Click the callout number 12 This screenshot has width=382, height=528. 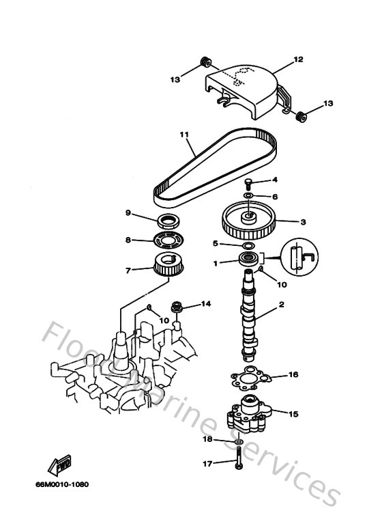coord(297,60)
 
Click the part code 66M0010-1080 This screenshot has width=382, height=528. coord(63,485)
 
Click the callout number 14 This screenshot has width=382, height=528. coord(205,303)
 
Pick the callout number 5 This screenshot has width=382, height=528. coord(215,243)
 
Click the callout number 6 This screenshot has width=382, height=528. coord(275,196)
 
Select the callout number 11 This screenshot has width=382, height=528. coord(183,135)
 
